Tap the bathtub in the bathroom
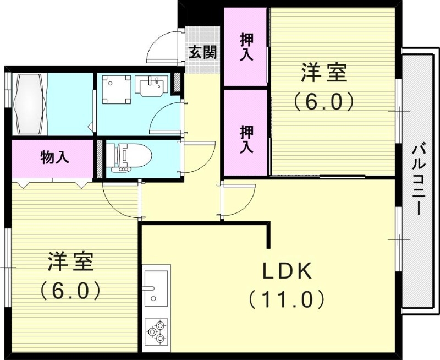(x=31, y=104)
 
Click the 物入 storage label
(x=55, y=157)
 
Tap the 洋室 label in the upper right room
(x=323, y=73)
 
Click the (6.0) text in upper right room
(x=323, y=101)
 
